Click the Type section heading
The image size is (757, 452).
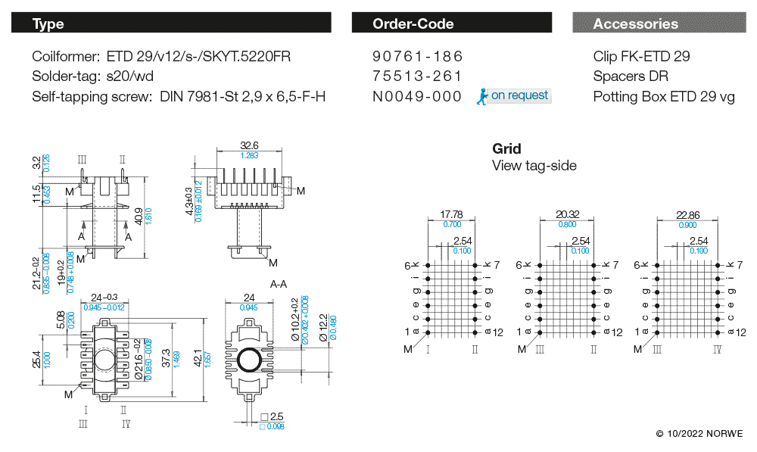(x=48, y=23)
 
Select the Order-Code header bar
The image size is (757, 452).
(x=413, y=23)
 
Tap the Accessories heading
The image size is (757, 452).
(x=635, y=23)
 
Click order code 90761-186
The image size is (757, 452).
(x=417, y=57)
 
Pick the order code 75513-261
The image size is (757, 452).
(x=417, y=76)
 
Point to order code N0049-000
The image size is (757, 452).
(x=417, y=96)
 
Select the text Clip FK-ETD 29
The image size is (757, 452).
(x=641, y=57)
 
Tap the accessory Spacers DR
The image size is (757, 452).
(x=631, y=76)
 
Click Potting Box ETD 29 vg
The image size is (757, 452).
(x=664, y=96)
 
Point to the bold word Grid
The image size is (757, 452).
(x=506, y=148)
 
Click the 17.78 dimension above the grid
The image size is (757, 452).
(x=451, y=214)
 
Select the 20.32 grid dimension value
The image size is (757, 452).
(x=567, y=214)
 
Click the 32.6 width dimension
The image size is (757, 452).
(x=249, y=145)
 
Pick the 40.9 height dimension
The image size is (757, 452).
(x=138, y=215)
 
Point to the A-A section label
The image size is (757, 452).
(x=279, y=284)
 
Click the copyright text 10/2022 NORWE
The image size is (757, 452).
(x=699, y=434)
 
